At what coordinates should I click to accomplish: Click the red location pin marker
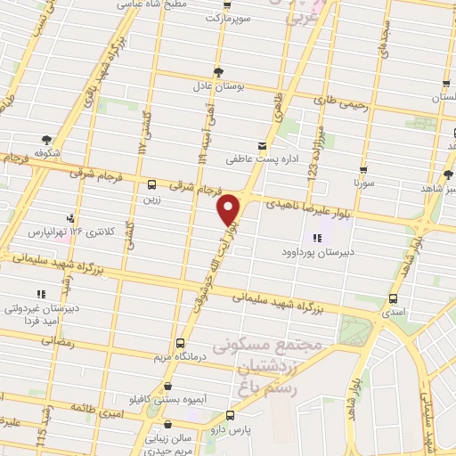(230, 208)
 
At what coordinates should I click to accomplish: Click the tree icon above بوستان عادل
(219, 71)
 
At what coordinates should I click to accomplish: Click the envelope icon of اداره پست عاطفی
(261, 145)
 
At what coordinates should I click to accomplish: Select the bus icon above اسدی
(391, 299)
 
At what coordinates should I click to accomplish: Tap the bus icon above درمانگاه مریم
(181, 342)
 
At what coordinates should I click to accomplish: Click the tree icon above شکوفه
(46, 139)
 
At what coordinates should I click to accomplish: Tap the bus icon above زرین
(151, 184)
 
